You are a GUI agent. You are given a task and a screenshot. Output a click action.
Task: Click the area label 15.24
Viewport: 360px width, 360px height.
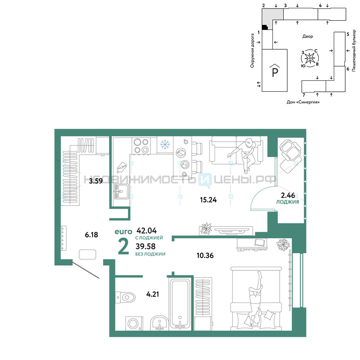(x=208, y=200)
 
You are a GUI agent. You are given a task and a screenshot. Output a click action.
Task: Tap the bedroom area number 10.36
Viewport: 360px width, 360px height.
(x=205, y=255)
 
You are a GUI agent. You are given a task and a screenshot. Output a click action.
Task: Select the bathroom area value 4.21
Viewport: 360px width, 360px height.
(x=152, y=294)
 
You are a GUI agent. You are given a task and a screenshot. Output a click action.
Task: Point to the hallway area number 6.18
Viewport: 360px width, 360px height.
(x=91, y=235)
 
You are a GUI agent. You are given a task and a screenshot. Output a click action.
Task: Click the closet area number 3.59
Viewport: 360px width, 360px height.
(x=96, y=181)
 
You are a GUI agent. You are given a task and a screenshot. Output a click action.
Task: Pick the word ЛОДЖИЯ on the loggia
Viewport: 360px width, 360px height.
(x=287, y=202)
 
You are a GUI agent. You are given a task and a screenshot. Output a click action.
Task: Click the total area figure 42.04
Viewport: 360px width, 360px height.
(x=147, y=230)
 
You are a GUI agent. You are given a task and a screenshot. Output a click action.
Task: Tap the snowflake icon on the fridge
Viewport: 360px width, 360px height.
(x=165, y=144)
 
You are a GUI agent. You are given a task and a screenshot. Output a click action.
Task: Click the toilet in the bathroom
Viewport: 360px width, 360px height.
(x=125, y=298)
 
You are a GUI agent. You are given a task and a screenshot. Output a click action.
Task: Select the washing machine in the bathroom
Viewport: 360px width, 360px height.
(x=134, y=324)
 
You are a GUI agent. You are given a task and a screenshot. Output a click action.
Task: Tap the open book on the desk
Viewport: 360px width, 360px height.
(x=260, y=242)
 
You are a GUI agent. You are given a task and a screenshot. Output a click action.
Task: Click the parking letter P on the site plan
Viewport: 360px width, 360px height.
(x=275, y=72)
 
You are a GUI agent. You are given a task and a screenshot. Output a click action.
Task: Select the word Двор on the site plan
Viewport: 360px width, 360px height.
(x=307, y=36)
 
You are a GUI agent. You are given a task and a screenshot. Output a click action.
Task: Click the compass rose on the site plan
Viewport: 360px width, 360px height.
(x=310, y=58)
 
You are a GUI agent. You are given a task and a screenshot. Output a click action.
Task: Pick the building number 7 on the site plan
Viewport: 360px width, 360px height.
(x=304, y=95)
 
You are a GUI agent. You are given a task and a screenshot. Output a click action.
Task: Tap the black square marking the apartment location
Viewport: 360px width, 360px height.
(x=265, y=27)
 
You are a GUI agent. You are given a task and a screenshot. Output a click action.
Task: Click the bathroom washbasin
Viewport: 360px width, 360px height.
(x=159, y=323)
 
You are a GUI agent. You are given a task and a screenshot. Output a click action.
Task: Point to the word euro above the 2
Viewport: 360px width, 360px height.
(x=123, y=231)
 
